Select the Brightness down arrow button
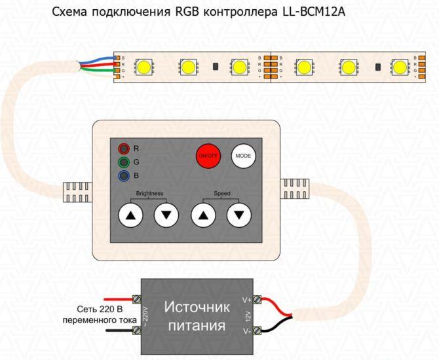pos(166,215)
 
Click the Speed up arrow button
pos(204,215)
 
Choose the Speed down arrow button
pos(239,215)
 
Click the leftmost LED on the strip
pos(145,67)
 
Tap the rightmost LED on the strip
pos(399,67)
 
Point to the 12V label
pos(248,316)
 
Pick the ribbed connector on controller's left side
pos(77,192)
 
